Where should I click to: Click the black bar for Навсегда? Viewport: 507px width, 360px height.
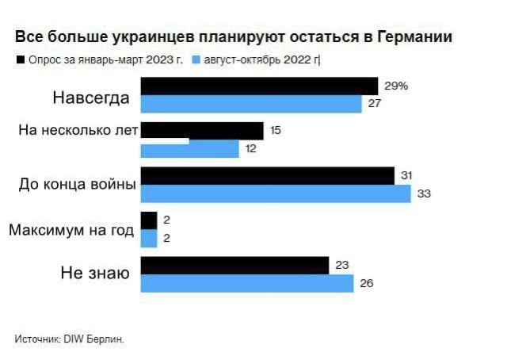point(259,86)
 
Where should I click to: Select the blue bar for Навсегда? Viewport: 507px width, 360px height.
point(251,104)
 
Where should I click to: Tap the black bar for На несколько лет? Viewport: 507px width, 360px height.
point(202,131)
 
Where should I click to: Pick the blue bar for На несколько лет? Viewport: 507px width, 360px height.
point(190,149)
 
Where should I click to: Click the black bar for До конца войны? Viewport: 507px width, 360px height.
point(268,176)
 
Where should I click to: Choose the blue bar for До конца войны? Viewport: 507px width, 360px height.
point(276,194)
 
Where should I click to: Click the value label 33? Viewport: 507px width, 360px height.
point(424,194)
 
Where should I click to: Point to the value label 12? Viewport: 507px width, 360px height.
point(251,149)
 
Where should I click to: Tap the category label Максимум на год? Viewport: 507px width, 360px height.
point(71,230)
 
